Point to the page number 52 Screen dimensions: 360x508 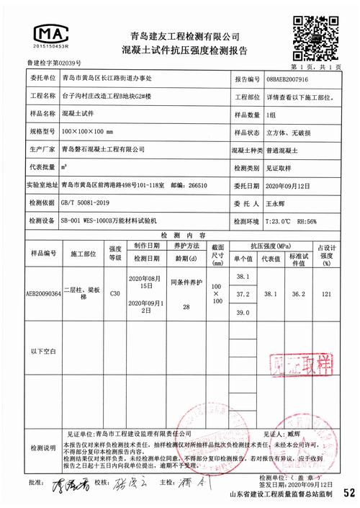pyautogui.click(x=348, y=494)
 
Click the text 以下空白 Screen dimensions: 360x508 pyautogui.click(x=44, y=351)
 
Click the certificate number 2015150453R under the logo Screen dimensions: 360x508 pyautogui.click(x=51, y=46)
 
